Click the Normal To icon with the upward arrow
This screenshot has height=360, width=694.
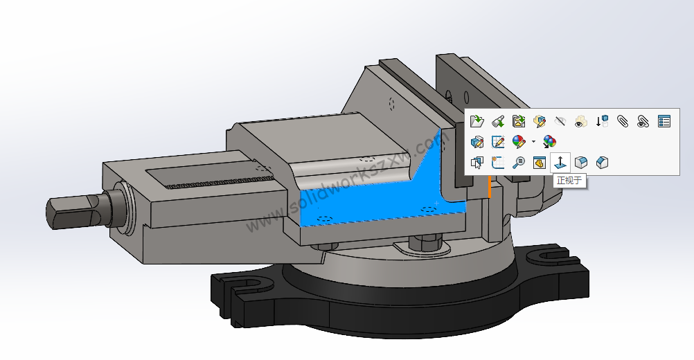click(x=560, y=163)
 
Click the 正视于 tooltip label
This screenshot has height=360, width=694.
click(x=570, y=181)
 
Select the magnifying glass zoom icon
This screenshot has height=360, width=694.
click(x=518, y=163)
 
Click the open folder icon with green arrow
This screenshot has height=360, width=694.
click(x=477, y=121)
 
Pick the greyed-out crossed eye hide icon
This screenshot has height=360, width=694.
click(x=560, y=121)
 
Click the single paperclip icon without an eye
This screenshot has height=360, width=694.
click(x=623, y=121)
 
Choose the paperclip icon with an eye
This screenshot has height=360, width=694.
click(x=643, y=121)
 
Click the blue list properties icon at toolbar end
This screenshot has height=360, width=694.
click(x=664, y=121)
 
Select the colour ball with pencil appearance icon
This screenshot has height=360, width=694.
click(x=518, y=142)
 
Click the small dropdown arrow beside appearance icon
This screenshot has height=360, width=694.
click(x=533, y=142)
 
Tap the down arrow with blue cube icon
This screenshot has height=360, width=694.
click(x=602, y=121)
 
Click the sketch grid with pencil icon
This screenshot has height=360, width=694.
click(x=497, y=142)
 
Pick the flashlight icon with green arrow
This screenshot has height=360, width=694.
click(x=497, y=121)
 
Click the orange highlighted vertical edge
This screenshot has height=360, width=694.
click(x=490, y=188)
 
